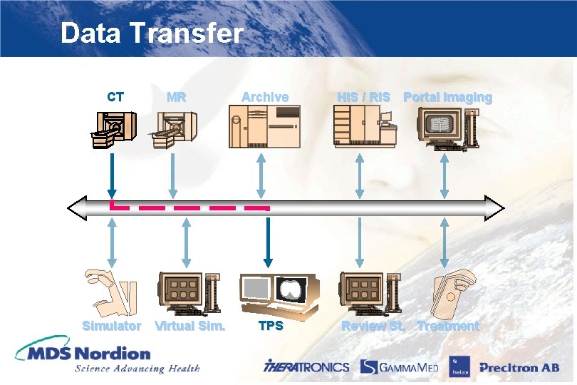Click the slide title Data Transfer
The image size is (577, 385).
152,34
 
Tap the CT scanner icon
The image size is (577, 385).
111,130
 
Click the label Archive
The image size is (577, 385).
265,97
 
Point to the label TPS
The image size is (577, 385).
271,326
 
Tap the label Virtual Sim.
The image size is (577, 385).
190,326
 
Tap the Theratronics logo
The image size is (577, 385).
306,366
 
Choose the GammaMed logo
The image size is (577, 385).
399,366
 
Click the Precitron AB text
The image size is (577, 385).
519,368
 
